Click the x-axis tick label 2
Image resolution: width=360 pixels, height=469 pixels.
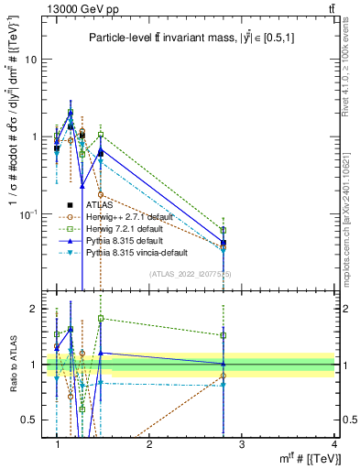pyautogui.click(x=150, y=443)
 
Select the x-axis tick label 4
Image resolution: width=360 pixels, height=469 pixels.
pyautogui.click(x=334, y=443)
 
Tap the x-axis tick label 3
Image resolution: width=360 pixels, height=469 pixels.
pyautogui.click(x=242, y=443)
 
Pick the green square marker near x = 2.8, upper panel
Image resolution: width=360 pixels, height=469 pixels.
pyautogui.click(x=224, y=231)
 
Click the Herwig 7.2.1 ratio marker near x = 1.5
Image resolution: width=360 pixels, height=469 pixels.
pyautogui.click(x=101, y=319)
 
